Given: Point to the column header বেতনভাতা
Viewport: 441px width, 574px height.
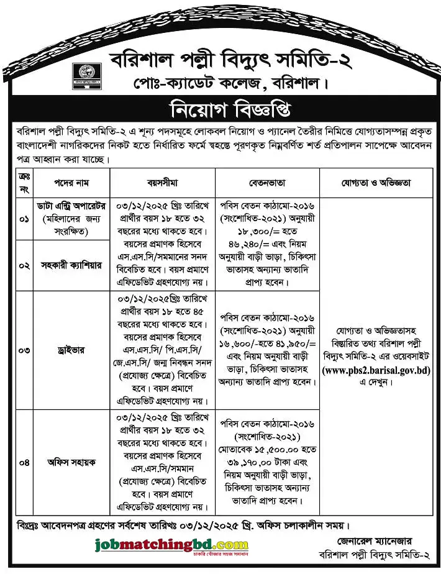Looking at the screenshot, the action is click(x=267, y=183).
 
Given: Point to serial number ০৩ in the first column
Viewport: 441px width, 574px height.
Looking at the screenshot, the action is click(x=24, y=350).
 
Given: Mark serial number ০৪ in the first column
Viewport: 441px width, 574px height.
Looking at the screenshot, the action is click(x=24, y=462).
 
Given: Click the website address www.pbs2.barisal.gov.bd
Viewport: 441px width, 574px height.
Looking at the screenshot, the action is click(x=376, y=370).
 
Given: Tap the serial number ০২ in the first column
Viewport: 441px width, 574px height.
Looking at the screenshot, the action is click(x=24, y=265).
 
